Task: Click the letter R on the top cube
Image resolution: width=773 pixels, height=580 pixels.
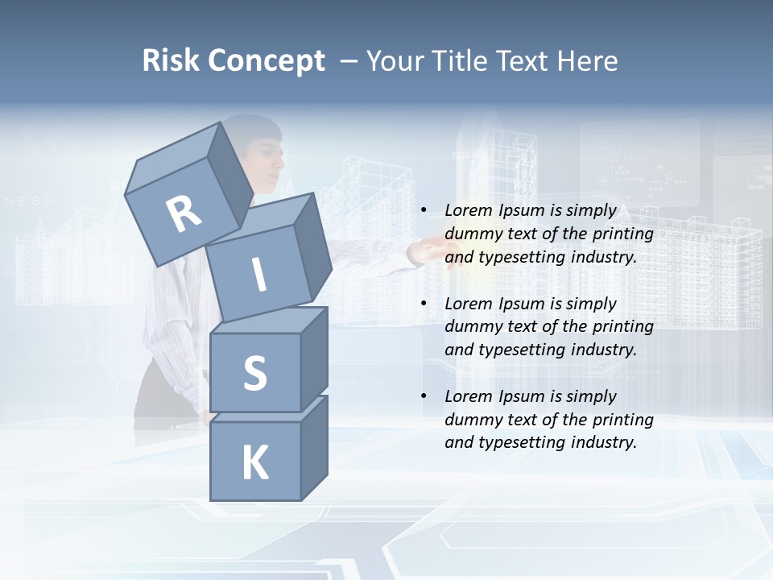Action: pyautogui.click(x=184, y=214)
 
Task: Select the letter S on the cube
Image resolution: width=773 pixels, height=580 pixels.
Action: pyautogui.click(x=254, y=373)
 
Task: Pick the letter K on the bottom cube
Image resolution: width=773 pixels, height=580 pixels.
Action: pyautogui.click(x=254, y=463)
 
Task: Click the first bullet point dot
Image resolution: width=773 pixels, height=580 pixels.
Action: pyautogui.click(x=424, y=210)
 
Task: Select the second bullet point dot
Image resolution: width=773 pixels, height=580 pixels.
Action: pyautogui.click(x=424, y=304)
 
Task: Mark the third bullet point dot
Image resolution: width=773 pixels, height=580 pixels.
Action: pyautogui.click(x=424, y=396)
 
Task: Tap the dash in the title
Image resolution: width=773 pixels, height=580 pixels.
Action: pyautogui.click(x=349, y=61)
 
